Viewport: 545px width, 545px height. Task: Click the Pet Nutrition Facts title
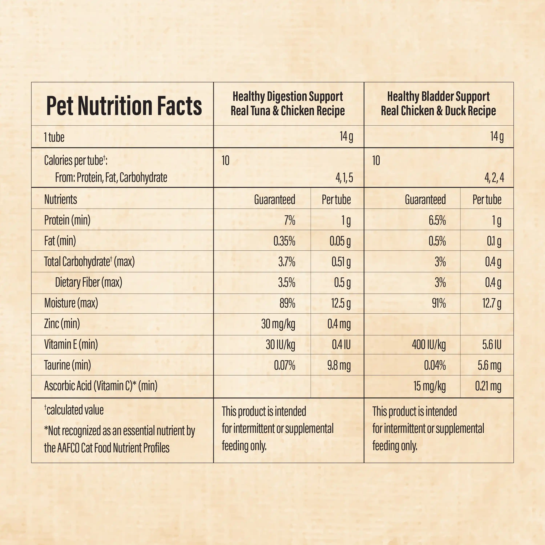click(x=124, y=106)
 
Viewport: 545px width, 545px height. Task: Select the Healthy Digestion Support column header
click(x=288, y=104)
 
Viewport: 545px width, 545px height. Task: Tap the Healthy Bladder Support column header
click(x=438, y=104)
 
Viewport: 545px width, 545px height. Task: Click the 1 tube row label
click(x=54, y=137)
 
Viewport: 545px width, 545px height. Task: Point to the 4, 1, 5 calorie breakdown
click(x=344, y=178)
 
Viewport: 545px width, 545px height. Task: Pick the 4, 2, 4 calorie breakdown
click(x=494, y=178)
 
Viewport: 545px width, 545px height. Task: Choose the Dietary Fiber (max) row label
click(x=89, y=282)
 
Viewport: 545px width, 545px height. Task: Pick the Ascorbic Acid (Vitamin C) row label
click(x=101, y=386)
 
